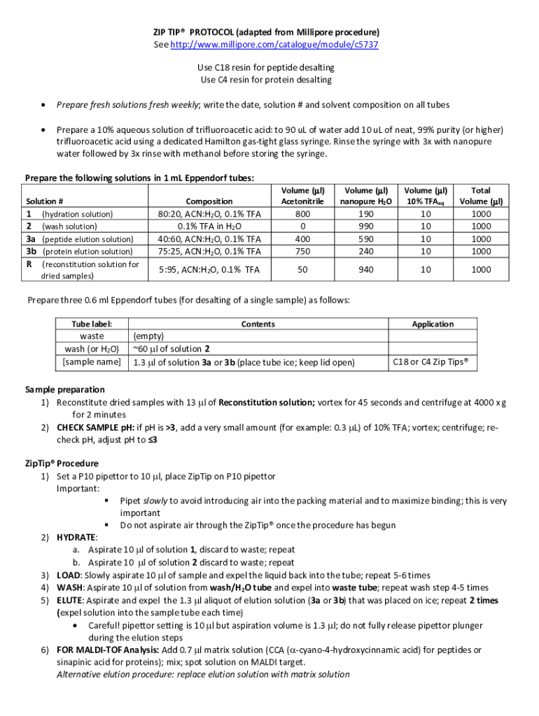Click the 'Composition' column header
click(209, 201)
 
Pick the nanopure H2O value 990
click(365, 227)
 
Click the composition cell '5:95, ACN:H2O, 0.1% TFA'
click(209, 269)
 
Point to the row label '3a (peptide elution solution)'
click(79, 239)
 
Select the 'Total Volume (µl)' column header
click(480, 196)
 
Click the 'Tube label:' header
click(91, 324)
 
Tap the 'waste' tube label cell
click(91, 336)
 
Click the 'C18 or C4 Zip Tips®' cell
click(430, 361)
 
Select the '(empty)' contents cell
click(148, 336)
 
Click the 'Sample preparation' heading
click(64, 389)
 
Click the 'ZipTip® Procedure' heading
click(62, 464)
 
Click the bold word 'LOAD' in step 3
click(69, 575)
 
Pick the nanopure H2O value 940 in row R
click(365, 269)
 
